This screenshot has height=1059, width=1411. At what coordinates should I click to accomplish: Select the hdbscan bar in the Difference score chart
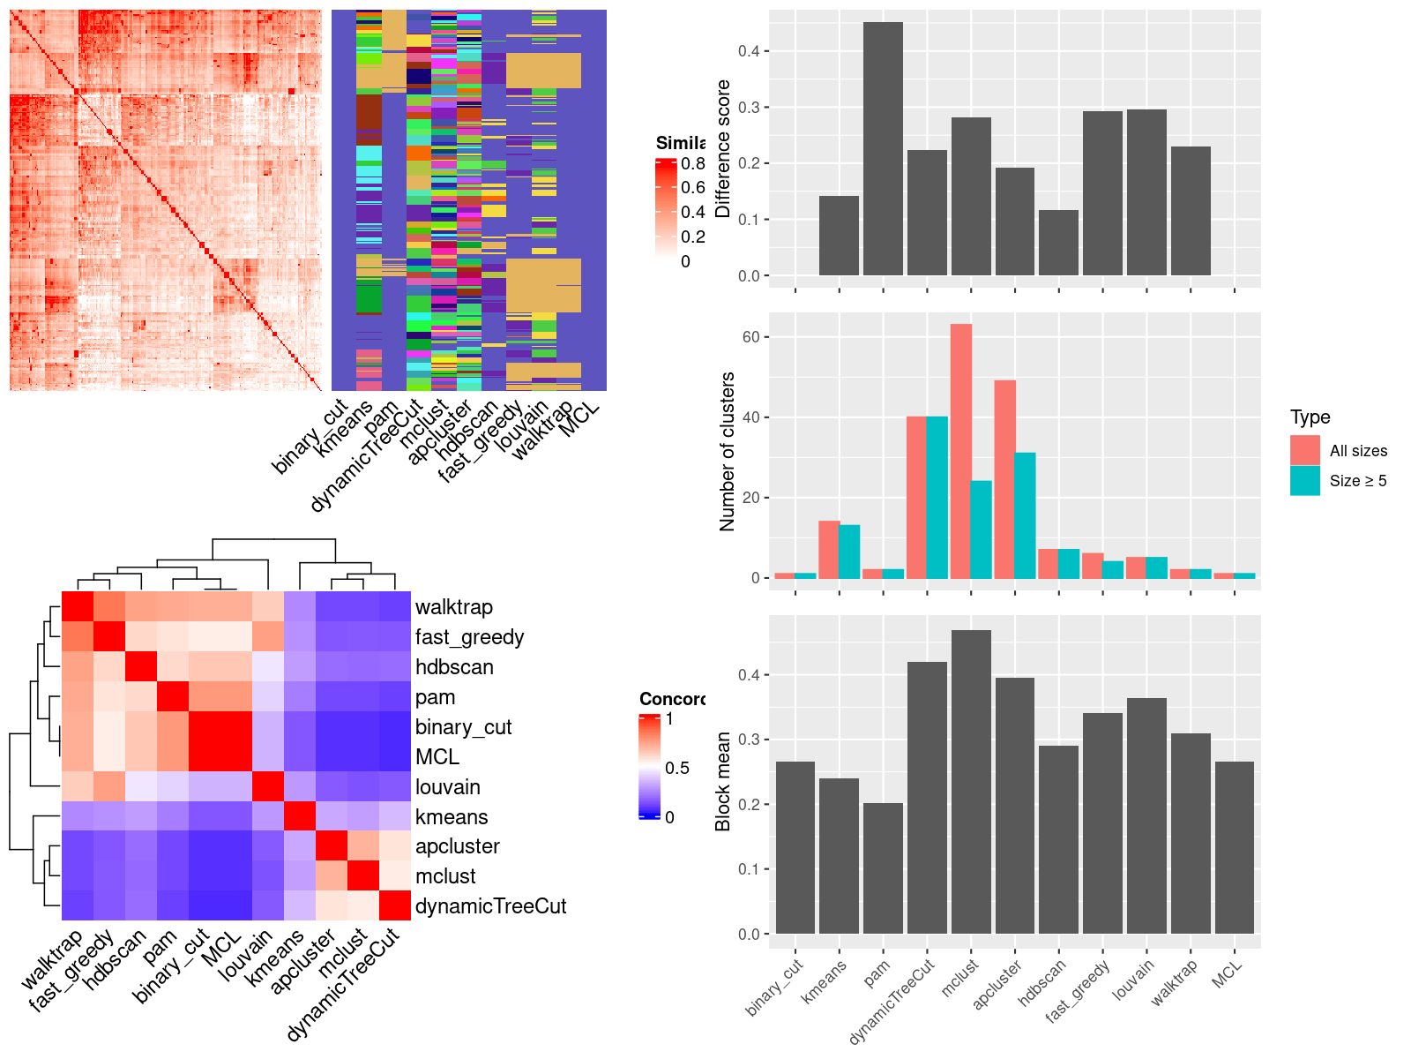pyautogui.click(x=1058, y=243)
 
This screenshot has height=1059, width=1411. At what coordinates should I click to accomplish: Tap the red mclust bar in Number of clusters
pyautogui.click(x=960, y=451)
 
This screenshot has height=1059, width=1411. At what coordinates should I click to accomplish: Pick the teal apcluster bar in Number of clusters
pyautogui.click(x=1025, y=515)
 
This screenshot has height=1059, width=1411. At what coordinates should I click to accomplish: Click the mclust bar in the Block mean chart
pyautogui.click(x=971, y=782)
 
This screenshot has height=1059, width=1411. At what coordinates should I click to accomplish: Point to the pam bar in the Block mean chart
pyautogui.click(x=883, y=868)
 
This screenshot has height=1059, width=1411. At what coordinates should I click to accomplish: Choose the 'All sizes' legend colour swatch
pyautogui.click(x=1305, y=450)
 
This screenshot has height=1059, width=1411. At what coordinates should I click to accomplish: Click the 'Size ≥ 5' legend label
pyautogui.click(x=1358, y=481)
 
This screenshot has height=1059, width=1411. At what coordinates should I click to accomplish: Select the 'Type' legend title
pyautogui.click(x=1310, y=417)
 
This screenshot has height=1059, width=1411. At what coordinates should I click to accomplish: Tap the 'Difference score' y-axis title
pyautogui.click(x=724, y=149)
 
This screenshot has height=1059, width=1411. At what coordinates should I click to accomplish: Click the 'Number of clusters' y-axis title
pyautogui.click(x=728, y=452)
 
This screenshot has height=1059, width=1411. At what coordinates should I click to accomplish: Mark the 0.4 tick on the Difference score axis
pyautogui.click(x=749, y=51)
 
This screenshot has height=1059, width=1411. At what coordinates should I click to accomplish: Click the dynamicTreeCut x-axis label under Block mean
pyautogui.click(x=892, y=1001)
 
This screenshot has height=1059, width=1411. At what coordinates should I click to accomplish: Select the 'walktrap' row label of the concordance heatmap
pyautogui.click(x=454, y=607)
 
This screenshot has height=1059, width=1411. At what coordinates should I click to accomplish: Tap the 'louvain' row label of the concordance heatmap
pyautogui.click(x=448, y=787)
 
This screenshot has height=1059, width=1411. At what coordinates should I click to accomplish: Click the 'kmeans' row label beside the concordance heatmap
pyautogui.click(x=452, y=817)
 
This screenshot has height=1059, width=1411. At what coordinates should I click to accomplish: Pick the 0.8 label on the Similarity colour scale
pyautogui.click(x=693, y=163)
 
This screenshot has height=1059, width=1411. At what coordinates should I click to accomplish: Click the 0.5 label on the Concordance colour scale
pyautogui.click(x=677, y=768)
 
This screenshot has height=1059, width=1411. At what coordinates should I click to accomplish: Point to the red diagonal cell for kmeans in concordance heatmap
pyautogui.click(x=300, y=816)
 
